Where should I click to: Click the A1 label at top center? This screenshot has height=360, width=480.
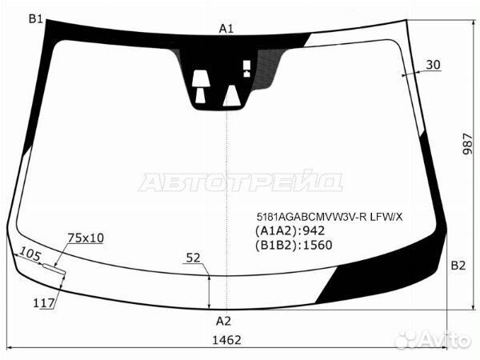click(226, 29)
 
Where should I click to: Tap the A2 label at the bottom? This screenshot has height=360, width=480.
click(223, 321)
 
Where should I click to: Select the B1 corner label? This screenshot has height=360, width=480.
click(36, 19)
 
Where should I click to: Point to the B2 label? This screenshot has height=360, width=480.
click(458, 266)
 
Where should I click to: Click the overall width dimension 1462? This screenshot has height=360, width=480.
click(226, 340)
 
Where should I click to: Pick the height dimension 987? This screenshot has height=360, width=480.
click(467, 143)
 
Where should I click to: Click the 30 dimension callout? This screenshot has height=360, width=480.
click(433, 65)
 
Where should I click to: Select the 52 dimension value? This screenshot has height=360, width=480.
click(193, 258)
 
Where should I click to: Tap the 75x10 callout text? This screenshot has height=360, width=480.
click(86, 238)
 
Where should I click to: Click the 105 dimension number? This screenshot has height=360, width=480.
click(30, 254)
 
